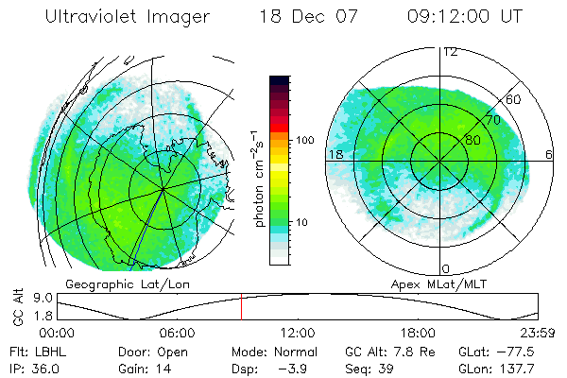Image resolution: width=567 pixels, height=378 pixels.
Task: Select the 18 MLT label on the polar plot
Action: (335, 153)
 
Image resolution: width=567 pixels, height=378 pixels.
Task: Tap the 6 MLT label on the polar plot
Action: (549, 153)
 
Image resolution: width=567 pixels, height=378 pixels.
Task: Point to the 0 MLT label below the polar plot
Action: (446, 269)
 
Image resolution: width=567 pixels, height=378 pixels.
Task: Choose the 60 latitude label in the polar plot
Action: (515, 99)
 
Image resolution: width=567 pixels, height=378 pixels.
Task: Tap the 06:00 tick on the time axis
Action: (178, 333)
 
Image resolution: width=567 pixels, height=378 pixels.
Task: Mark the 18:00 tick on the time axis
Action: (418, 333)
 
